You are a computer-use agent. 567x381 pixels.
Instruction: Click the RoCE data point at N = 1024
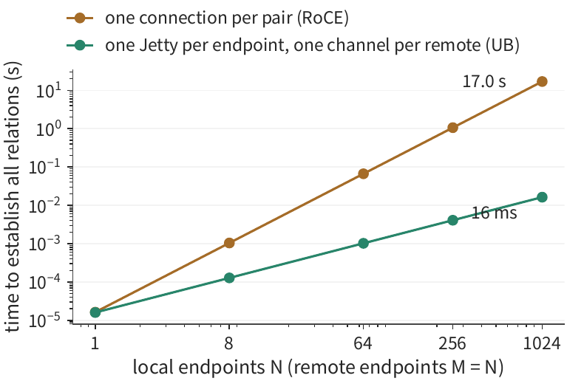click(x=542, y=81)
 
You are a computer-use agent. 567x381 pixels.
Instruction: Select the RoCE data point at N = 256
click(x=452, y=128)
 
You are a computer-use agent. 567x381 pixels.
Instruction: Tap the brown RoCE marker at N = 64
click(x=363, y=174)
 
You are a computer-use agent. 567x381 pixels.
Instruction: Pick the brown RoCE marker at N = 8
click(x=229, y=243)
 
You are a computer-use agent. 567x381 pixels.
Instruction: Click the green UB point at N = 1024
click(x=542, y=197)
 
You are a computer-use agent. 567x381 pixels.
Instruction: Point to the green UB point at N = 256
click(x=452, y=220)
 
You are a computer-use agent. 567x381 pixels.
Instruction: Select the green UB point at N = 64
click(x=363, y=243)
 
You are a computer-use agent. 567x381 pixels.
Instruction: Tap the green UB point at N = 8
click(x=229, y=278)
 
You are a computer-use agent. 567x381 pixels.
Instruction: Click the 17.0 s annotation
click(x=483, y=81)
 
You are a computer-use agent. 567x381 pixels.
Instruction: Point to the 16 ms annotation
click(x=495, y=213)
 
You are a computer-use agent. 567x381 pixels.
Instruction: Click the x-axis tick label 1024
click(x=542, y=343)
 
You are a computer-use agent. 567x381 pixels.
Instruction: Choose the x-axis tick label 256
click(x=452, y=343)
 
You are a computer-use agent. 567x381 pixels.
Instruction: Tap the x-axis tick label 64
click(x=363, y=343)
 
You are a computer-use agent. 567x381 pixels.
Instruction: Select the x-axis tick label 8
click(x=229, y=343)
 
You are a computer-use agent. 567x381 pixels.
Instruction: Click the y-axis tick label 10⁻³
click(x=49, y=244)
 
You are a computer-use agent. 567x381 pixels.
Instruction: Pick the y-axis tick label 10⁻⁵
click(x=49, y=320)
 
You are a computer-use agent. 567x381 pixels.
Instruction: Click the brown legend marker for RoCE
click(x=80, y=18)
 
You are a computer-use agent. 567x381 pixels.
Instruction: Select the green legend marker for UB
click(x=80, y=45)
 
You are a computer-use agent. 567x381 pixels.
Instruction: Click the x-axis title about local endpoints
click(x=318, y=367)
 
